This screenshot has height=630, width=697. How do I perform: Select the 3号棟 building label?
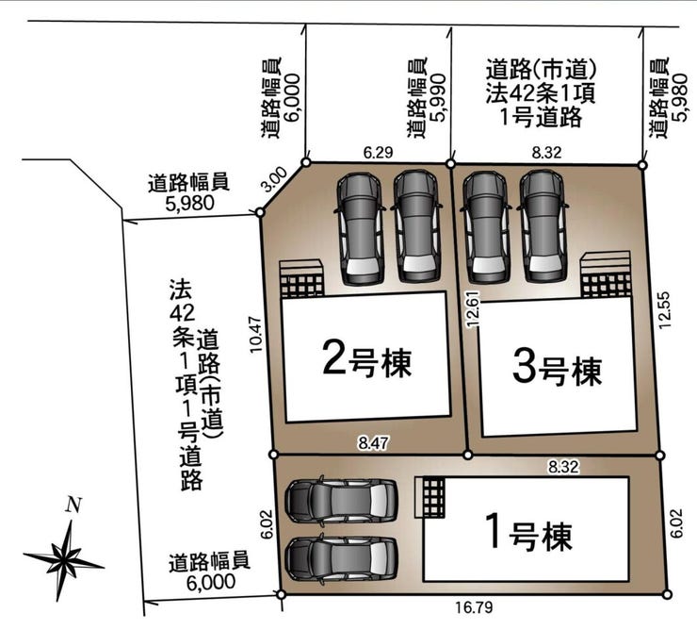(557, 369)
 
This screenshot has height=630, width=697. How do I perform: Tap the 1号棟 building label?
(527, 534)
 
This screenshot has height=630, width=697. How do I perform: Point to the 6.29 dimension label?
(378, 151)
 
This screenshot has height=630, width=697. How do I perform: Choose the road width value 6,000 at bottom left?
(209, 582)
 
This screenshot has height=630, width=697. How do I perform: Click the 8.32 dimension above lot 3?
(547, 151)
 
